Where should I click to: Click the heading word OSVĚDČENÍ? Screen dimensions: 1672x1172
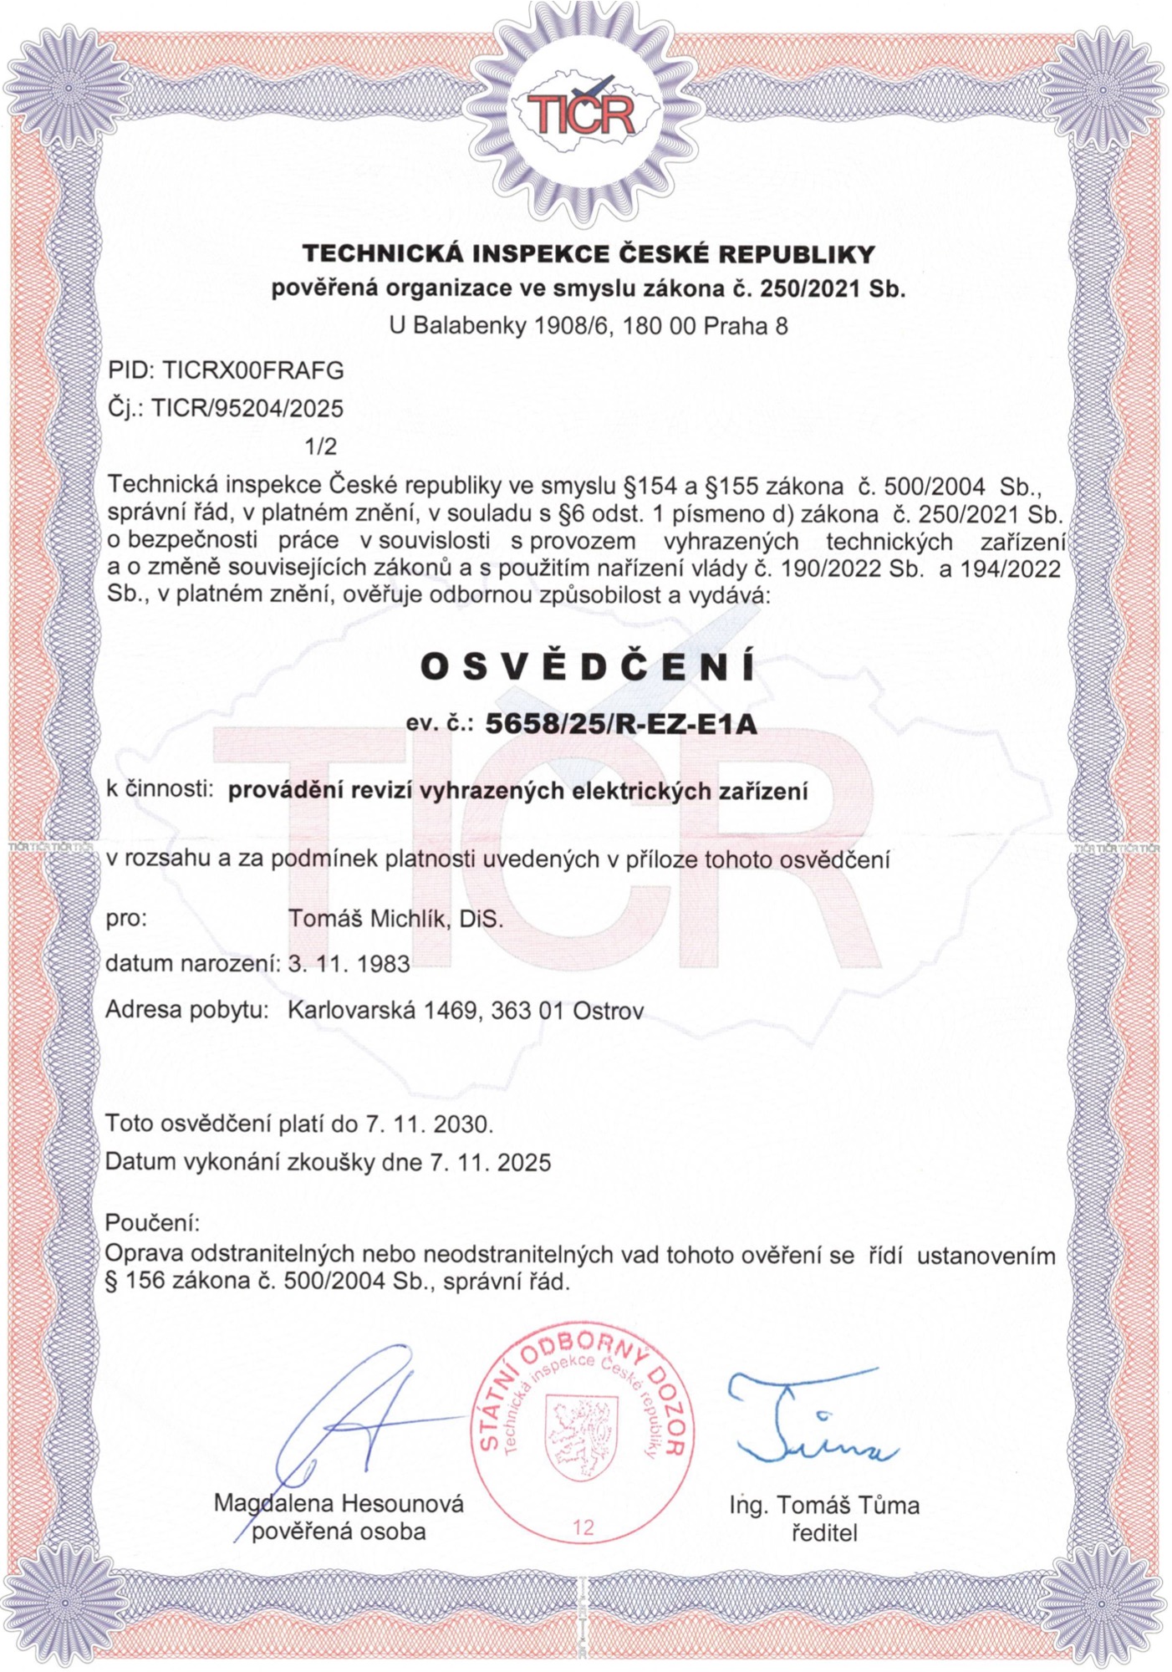tap(587, 666)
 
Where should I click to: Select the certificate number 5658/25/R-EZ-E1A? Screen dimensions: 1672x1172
tap(621, 723)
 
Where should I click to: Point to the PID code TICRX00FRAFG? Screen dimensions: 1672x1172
tap(253, 370)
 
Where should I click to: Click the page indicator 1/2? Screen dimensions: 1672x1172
tap(322, 446)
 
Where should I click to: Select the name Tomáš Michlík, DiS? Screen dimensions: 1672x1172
tap(395, 919)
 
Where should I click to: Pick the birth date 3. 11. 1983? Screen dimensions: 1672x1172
tap(349, 964)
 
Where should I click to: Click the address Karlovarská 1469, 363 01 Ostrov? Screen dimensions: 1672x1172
tap(466, 1011)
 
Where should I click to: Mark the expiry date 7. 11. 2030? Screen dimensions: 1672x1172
tap(429, 1124)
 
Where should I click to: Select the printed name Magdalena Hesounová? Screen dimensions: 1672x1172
tap(339, 1503)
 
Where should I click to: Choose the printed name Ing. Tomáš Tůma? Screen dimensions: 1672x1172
tap(824, 1506)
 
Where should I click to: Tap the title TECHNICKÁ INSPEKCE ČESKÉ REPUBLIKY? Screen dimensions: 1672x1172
tap(588, 252)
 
